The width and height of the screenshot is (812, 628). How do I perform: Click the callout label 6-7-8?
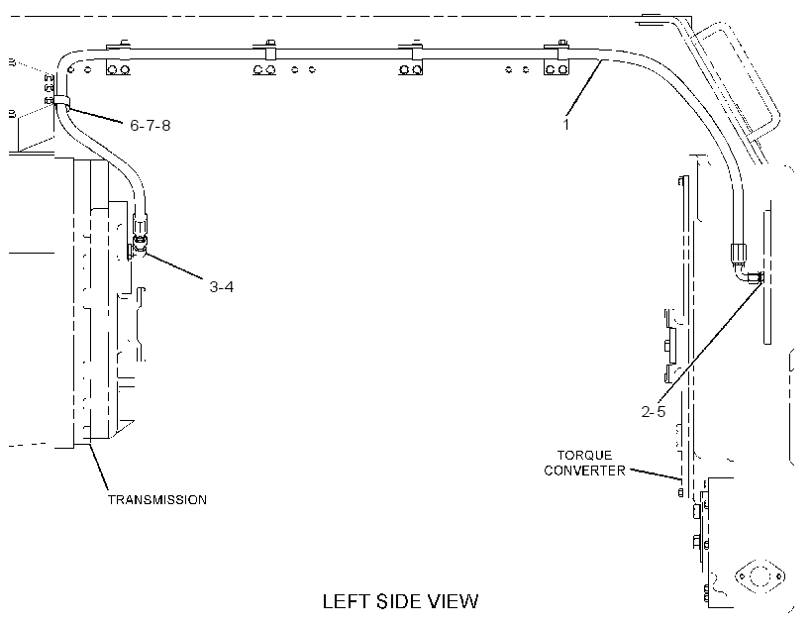pyautogui.click(x=150, y=126)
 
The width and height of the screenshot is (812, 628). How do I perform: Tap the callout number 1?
pyautogui.click(x=566, y=125)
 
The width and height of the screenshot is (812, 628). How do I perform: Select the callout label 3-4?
pyautogui.click(x=221, y=286)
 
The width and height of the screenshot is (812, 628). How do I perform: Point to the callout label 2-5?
pyautogui.click(x=653, y=411)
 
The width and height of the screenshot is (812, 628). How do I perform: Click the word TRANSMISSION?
pyautogui.click(x=157, y=500)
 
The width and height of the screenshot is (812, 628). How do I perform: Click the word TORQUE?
pyautogui.click(x=584, y=456)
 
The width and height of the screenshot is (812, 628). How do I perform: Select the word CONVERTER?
pyautogui.click(x=584, y=471)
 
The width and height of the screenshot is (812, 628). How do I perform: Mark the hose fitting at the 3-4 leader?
pyautogui.click(x=140, y=243)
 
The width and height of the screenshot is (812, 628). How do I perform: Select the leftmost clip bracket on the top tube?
pyautogui.click(x=119, y=58)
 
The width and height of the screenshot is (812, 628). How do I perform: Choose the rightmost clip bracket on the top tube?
pyautogui.click(x=557, y=58)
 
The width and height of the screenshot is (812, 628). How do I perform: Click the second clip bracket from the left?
pyautogui.click(x=265, y=58)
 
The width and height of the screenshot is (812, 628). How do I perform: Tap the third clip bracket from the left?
pyautogui.click(x=411, y=58)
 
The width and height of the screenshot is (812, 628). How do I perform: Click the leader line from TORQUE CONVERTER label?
pyautogui.click(x=655, y=474)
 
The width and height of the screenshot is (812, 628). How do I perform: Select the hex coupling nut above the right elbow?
pyautogui.click(x=738, y=254)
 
